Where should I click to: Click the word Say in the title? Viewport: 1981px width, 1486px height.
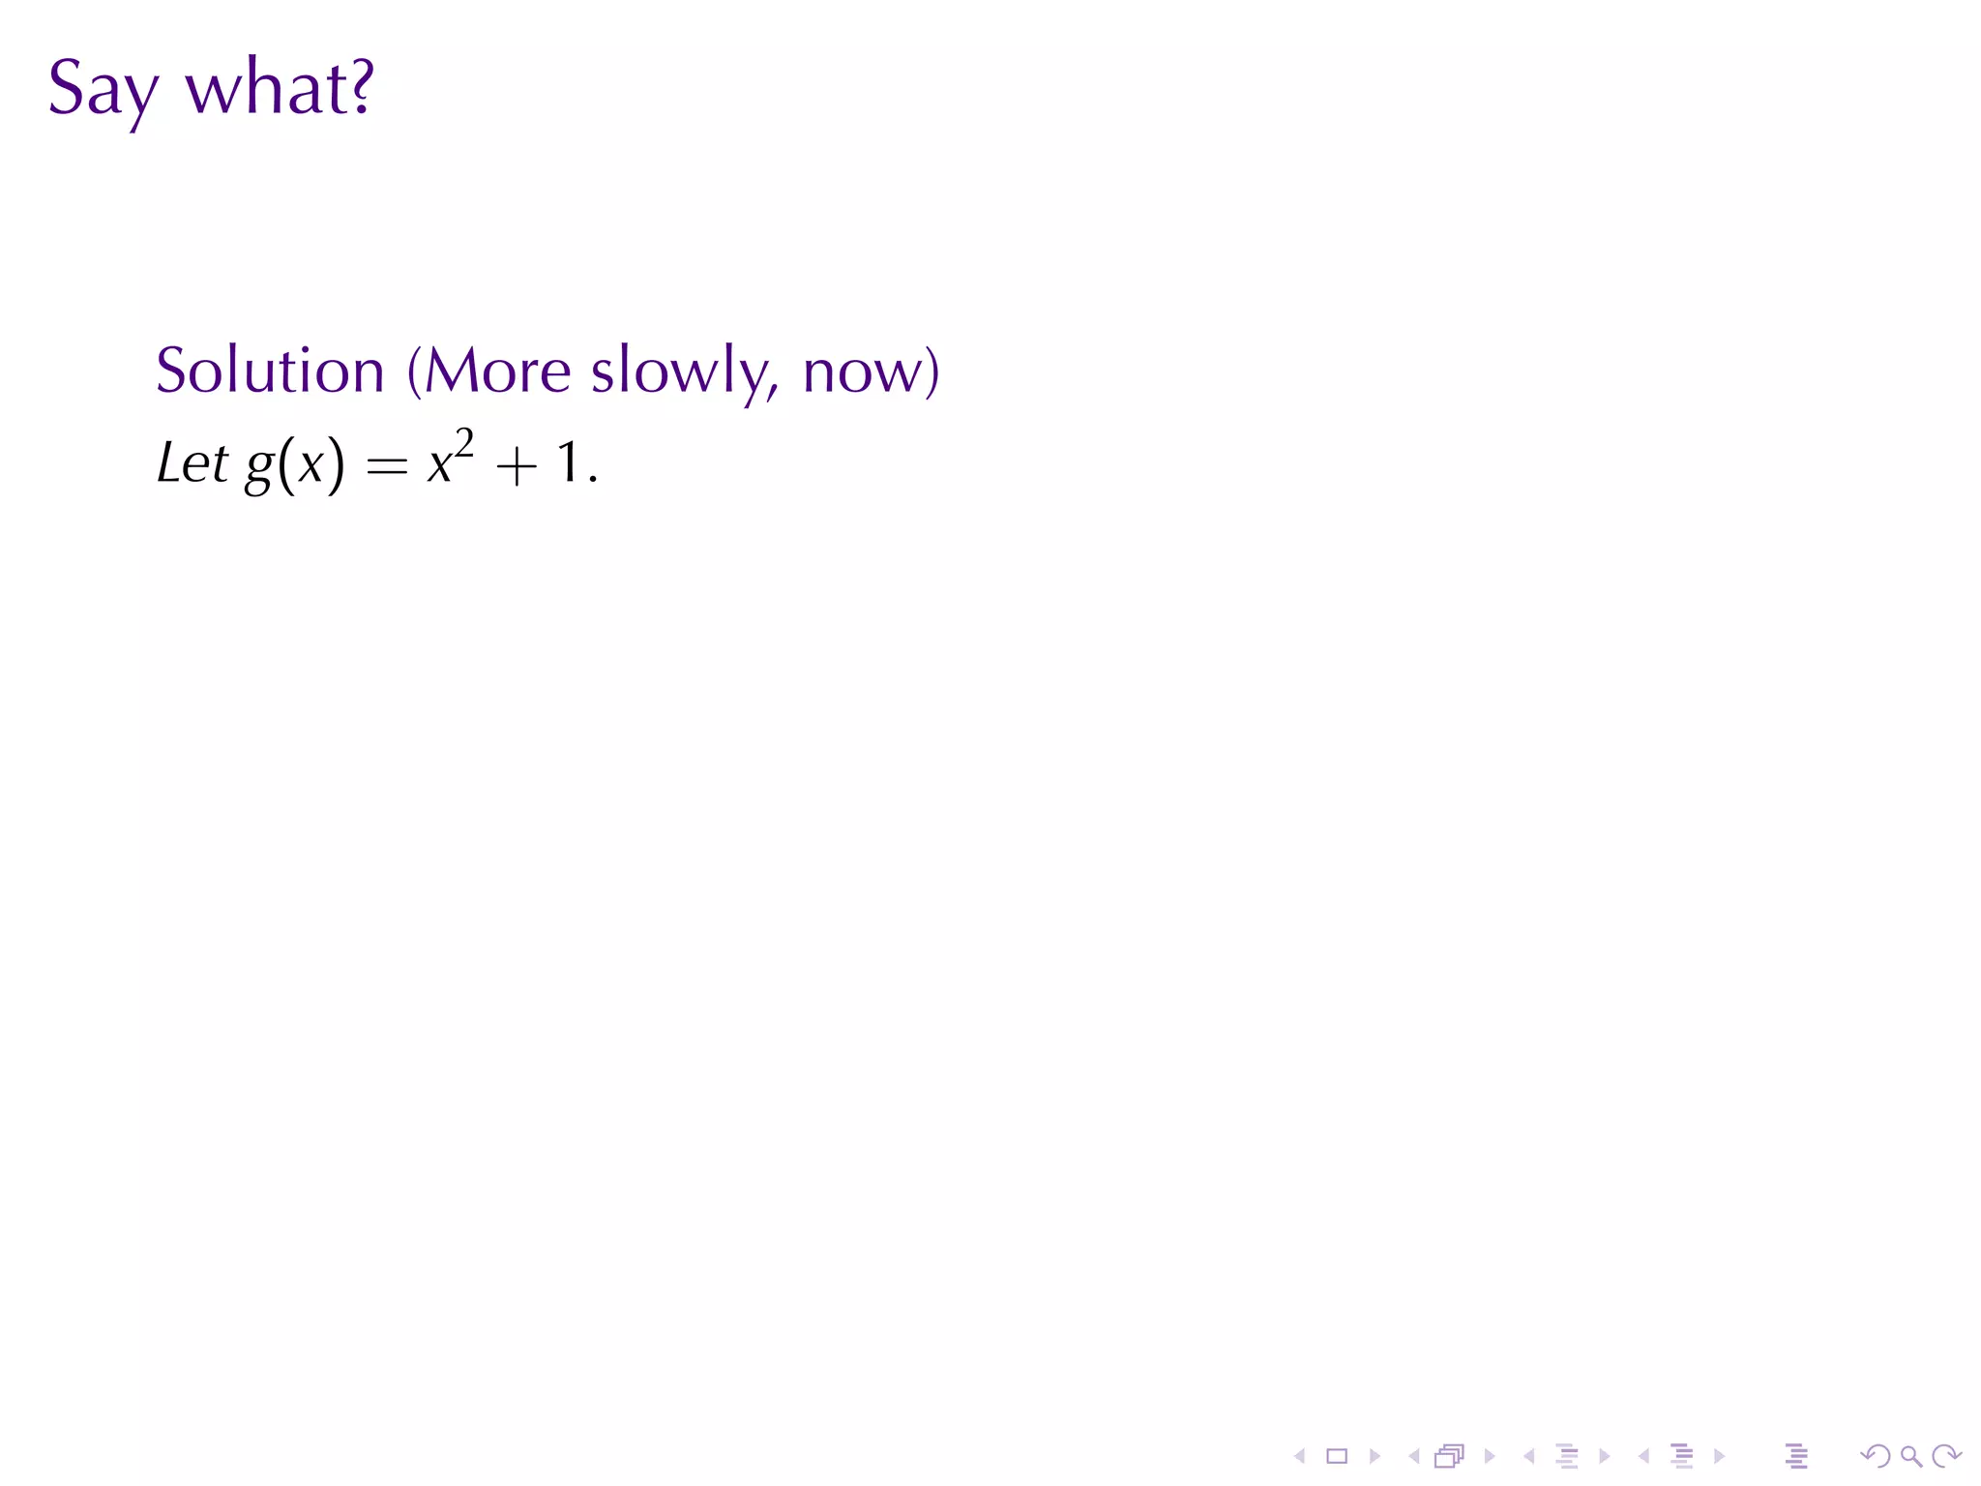(103, 90)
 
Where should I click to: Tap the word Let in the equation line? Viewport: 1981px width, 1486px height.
(192, 463)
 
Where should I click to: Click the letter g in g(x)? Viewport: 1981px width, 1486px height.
(258, 467)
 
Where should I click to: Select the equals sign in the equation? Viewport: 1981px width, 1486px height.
(387, 468)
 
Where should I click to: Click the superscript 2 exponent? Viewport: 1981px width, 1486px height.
(464, 444)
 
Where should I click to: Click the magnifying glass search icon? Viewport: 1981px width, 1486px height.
(1911, 1456)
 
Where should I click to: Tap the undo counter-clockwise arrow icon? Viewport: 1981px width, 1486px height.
(1875, 1456)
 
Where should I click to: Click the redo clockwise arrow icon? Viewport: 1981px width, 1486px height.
(1946, 1456)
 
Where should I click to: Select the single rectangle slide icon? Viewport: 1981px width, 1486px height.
(1337, 1456)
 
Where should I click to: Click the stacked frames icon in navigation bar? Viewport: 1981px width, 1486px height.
(1449, 1456)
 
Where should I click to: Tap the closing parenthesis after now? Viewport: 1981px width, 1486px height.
(931, 371)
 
